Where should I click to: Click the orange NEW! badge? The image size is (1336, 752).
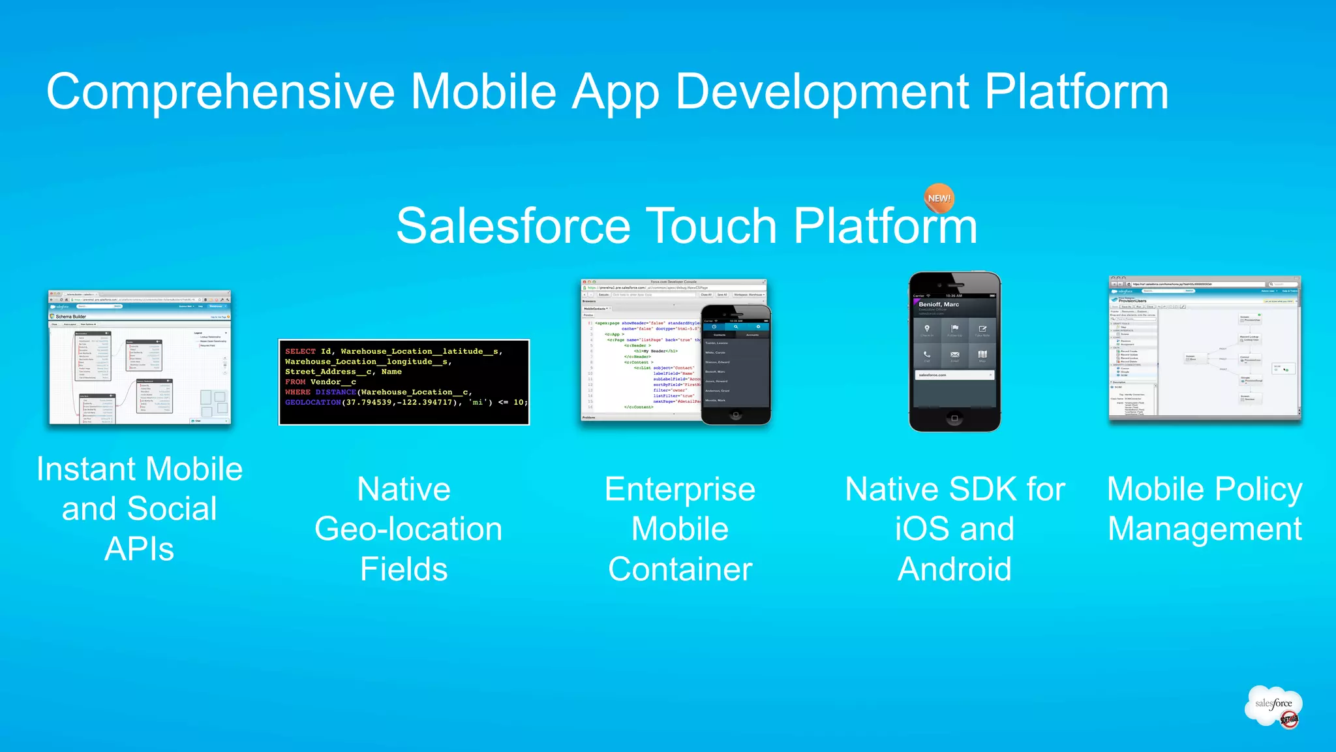(x=939, y=198)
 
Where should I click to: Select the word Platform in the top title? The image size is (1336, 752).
(x=1076, y=91)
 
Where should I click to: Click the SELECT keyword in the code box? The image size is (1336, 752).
(x=300, y=351)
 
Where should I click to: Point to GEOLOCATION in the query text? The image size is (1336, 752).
(x=313, y=402)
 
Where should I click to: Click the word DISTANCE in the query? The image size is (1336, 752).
(x=336, y=392)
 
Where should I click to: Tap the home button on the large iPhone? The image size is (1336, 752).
(x=954, y=418)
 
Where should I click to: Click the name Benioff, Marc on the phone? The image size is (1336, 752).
(x=939, y=304)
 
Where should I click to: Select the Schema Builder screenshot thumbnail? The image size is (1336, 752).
(x=140, y=358)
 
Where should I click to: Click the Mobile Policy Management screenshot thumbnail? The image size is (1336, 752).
(x=1204, y=349)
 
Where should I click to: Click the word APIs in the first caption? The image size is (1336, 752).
(x=139, y=549)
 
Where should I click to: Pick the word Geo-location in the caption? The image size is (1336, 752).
(x=408, y=529)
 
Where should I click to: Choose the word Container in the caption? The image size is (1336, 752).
(x=680, y=569)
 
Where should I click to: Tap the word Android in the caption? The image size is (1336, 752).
(x=954, y=569)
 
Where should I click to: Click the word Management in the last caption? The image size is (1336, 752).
(x=1204, y=529)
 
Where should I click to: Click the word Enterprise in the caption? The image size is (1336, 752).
(x=680, y=490)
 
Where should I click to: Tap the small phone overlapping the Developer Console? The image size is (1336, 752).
(x=736, y=366)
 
